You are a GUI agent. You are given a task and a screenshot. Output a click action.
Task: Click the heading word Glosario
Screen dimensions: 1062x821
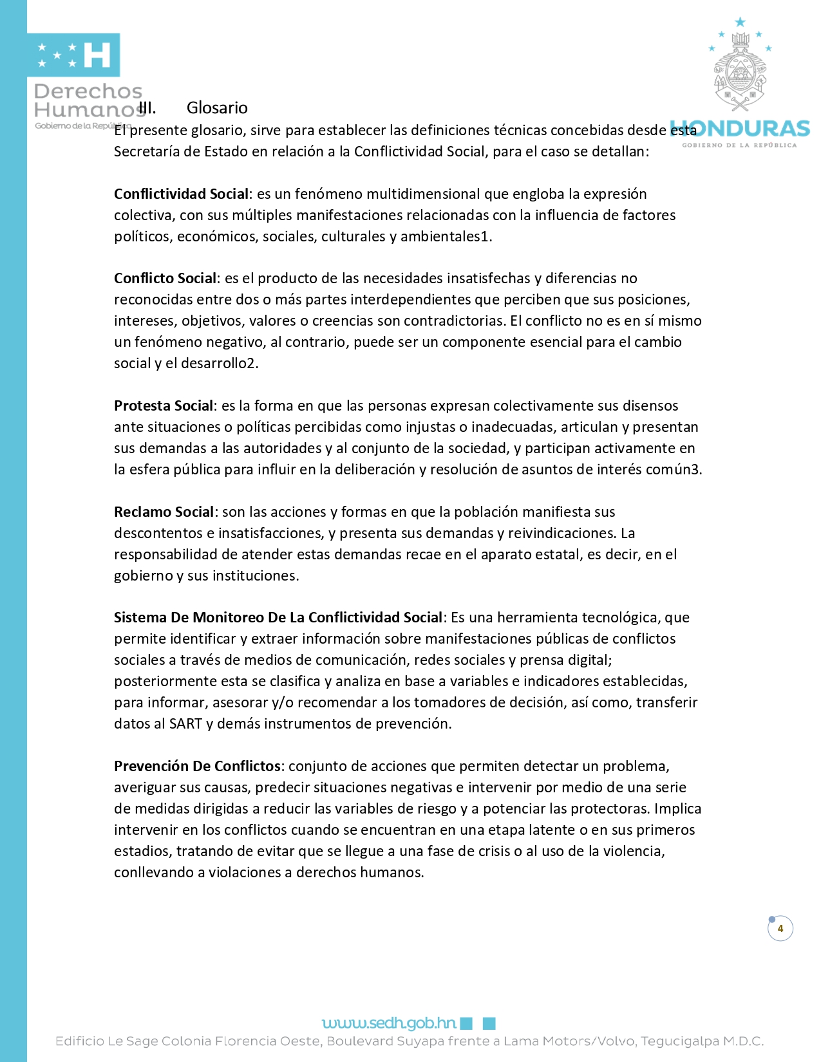click(x=217, y=107)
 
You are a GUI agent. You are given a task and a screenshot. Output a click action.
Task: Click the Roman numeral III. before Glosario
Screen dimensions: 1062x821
click(x=147, y=107)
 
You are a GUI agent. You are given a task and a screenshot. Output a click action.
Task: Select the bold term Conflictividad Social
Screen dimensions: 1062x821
click(x=181, y=194)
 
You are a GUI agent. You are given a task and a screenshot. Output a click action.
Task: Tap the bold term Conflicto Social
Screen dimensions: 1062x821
click(x=165, y=278)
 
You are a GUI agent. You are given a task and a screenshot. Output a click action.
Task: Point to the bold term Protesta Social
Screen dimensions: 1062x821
click(x=164, y=405)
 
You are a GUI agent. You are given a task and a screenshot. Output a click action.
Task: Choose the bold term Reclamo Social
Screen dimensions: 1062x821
click(x=164, y=512)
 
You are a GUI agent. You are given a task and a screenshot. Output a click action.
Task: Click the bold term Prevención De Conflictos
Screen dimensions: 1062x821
click(x=197, y=766)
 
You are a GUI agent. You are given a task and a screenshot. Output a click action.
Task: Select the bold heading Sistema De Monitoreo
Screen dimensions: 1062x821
click(x=278, y=617)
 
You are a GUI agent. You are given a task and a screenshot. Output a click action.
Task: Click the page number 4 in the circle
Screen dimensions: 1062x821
click(x=780, y=928)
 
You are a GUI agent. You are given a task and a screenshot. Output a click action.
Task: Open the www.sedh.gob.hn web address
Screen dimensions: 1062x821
click(x=389, y=1023)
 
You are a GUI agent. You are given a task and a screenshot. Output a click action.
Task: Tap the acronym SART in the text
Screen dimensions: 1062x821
click(x=185, y=723)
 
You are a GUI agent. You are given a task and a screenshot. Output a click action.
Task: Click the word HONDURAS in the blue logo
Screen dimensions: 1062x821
click(x=740, y=129)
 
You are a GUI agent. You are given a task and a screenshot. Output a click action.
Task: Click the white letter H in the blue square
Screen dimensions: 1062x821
click(x=97, y=55)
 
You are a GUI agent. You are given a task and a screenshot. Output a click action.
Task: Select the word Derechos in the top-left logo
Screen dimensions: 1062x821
click(x=88, y=91)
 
